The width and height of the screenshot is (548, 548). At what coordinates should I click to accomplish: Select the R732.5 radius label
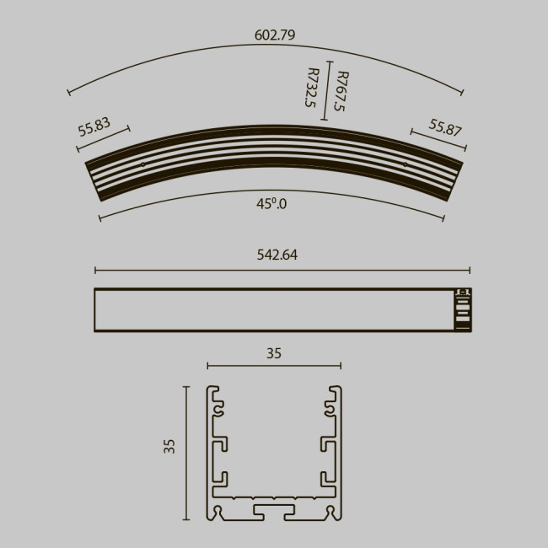[x=311, y=89]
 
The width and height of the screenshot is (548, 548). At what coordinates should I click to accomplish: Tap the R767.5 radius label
[x=341, y=91]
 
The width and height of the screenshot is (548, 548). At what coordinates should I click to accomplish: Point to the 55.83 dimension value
[x=94, y=126]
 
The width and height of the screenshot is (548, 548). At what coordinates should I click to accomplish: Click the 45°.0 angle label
[x=271, y=204]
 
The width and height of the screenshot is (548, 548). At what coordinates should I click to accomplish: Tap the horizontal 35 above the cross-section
[x=274, y=354]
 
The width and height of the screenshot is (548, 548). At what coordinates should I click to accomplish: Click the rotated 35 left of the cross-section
[x=169, y=446]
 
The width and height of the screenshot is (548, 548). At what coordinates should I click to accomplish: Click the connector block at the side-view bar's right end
[x=462, y=310]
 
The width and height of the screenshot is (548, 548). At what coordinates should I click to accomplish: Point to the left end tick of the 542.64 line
[x=95, y=271]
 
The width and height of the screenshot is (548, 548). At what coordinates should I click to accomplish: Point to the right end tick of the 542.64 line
[x=470, y=271]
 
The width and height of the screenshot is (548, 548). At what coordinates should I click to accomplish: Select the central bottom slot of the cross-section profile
[x=274, y=511]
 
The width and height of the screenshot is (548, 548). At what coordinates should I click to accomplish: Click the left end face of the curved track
[x=94, y=180]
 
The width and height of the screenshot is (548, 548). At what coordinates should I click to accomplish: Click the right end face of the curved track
[x=455, y=180]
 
